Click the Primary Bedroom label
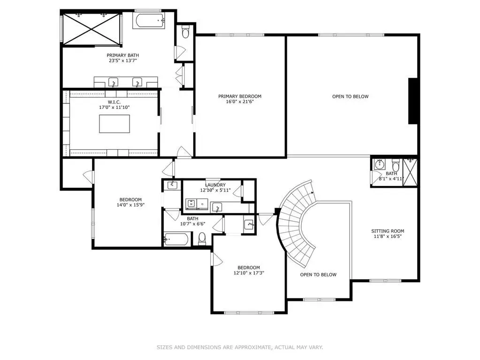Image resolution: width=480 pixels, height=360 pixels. pyautogui.click(x=240, y=96)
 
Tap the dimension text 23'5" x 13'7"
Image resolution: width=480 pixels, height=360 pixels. pyautogui.click(x=123, y=61)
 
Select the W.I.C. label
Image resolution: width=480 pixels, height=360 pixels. pyautogui.click(x=114, y=102)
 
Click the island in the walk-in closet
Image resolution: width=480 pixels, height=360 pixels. pyautogui.click(x=114, y=123)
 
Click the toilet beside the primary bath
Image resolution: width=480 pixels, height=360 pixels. pyautogui.click(x=185, y=32)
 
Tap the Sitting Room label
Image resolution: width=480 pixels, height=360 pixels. pyautogui.click(x=388, y=231)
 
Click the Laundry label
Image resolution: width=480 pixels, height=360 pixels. pyautogui.click(x=215, y=185)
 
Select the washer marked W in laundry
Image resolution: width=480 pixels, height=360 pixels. pyautogui.click(x=191, y=203)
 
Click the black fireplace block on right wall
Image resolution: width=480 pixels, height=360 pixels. pyautogui.click(x=412, y=101)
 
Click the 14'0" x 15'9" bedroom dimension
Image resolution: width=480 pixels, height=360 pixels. pyautogui.click(x=130, y=205)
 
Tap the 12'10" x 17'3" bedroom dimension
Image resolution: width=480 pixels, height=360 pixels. pyautogui.click(x=249, y=273)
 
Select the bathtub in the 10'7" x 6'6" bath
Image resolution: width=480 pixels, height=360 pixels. pyautogui.click(x=176, y=239)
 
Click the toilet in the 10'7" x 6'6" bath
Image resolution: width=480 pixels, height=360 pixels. pyautogui.click(x=202, y=238)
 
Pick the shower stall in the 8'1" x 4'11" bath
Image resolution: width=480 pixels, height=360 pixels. pyautogui.click(x=410, y=172)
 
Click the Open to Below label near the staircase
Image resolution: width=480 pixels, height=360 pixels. pyautogui.click(x=318, y=275)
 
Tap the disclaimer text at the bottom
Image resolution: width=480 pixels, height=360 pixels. pyautogui.click(x=240, y=347)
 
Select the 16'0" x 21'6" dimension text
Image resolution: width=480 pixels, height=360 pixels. pyautogui.click(x=240, y=102)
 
